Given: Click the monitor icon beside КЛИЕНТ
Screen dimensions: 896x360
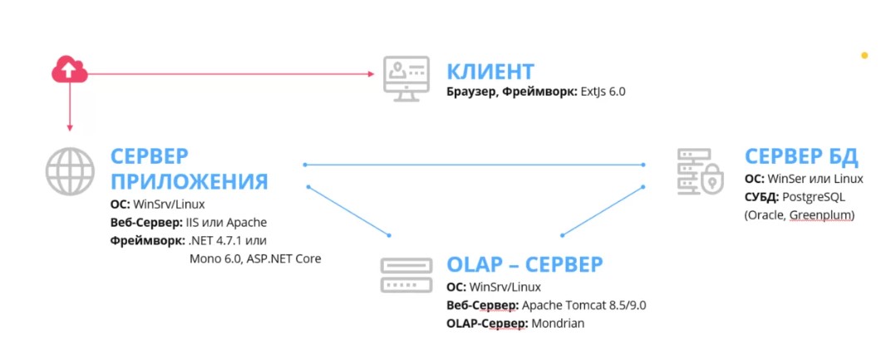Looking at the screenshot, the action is click(406, 78).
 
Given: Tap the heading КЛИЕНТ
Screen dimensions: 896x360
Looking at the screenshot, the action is click(490, 72).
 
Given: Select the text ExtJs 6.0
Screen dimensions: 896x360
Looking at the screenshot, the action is click(603, 91).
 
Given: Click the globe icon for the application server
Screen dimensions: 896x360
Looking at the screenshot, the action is click(70, 171).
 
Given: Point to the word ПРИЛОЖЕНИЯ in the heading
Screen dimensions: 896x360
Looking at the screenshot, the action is click(190, 181).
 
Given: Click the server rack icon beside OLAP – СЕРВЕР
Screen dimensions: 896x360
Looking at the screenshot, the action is click(406, 275).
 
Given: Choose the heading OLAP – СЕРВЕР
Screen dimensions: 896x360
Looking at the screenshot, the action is click(524, 264).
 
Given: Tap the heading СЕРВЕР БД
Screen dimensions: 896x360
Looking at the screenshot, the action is click(801, 156).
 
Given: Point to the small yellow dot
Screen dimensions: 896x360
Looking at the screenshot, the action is click(864, 56).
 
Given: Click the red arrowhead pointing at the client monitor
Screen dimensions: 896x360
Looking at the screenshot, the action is click(372, 74).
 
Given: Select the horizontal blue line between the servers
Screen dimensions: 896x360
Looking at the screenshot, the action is click(475, 165).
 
